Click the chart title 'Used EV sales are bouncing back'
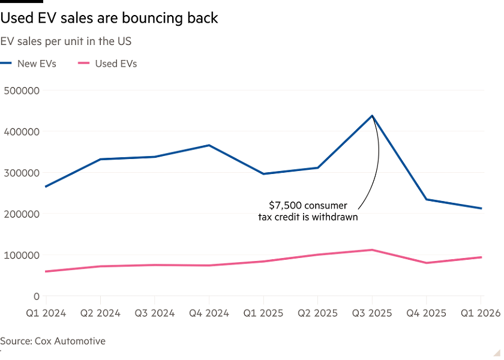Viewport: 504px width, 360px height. [109, 19]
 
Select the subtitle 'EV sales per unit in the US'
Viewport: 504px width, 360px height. [66, 41]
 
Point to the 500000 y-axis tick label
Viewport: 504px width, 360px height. [22, 91]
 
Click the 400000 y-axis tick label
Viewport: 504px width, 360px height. [22, 132]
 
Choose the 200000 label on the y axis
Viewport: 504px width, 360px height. [22, 214]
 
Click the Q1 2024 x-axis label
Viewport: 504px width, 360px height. [46, 313]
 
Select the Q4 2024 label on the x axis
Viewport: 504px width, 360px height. [209, 313]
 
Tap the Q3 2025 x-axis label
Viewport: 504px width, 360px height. [372, 313]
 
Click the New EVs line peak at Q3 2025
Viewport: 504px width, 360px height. [372, 116]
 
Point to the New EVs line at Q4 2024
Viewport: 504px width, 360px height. [209, 145]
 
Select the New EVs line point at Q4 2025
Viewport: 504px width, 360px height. [427, 199]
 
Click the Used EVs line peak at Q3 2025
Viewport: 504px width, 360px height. [372, 250]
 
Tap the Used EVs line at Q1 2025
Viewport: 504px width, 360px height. [263, 261]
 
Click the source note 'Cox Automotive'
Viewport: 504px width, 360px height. [52, 341]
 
